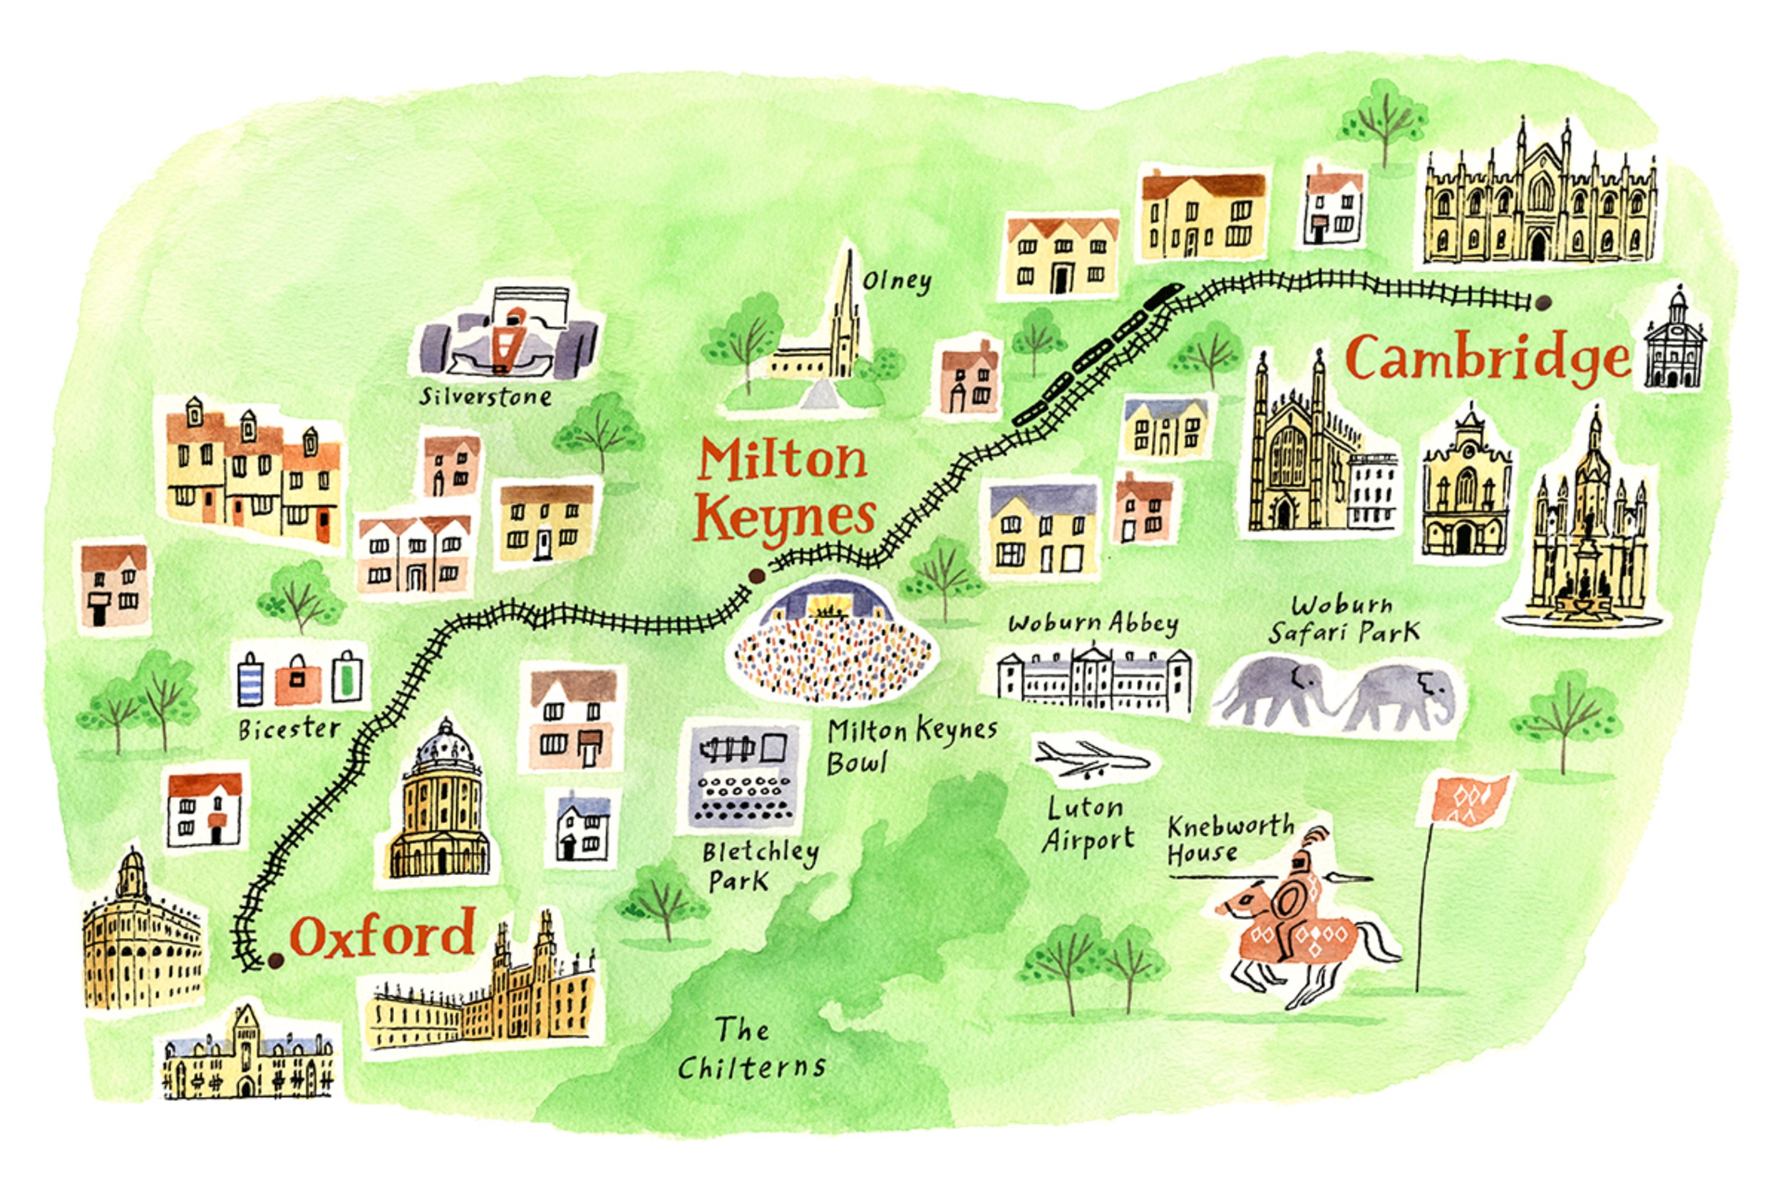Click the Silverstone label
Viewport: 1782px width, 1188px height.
tap(485, 397)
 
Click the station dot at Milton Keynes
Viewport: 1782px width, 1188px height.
tap(755, 577)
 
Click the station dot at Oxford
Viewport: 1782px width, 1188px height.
tap(276, 961)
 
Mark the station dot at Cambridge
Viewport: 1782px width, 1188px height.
tap(1542, 302)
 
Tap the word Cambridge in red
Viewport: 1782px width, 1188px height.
tap(1486, 358)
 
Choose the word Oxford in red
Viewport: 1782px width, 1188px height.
tap(383, 936)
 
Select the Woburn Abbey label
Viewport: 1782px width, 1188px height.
tap(1093, 624)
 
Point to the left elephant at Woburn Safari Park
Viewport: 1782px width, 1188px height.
tap(1273, 691)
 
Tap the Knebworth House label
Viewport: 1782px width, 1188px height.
tap(1229, 840)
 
